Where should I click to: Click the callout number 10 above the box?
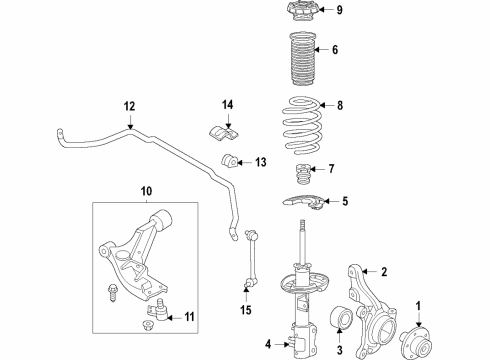click(x=146, y=189)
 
